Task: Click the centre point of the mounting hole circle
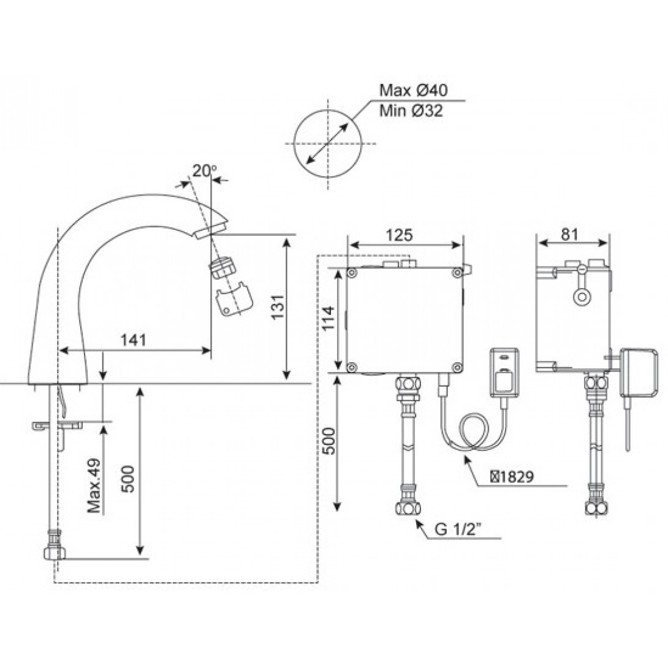tap(328, 143)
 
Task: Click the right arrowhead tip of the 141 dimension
tap(211, 350)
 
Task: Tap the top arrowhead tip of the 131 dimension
tap(287, 238)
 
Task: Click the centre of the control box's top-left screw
tap(352, 273)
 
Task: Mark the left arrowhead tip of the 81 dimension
tap(539, 243)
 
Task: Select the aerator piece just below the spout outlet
tap(222, 268)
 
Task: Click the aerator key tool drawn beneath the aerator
tap(234, 298)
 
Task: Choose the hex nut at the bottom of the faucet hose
tap(55, 553)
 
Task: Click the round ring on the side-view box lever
tap(582, 297)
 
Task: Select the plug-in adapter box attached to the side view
tap(639, 373)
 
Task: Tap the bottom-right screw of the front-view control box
tap(457, 366)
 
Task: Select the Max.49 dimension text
tap(94, 485)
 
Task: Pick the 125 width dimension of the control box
tap(399, 235)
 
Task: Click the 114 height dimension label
tap(328, 318)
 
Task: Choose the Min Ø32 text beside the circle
tap(411, 111)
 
